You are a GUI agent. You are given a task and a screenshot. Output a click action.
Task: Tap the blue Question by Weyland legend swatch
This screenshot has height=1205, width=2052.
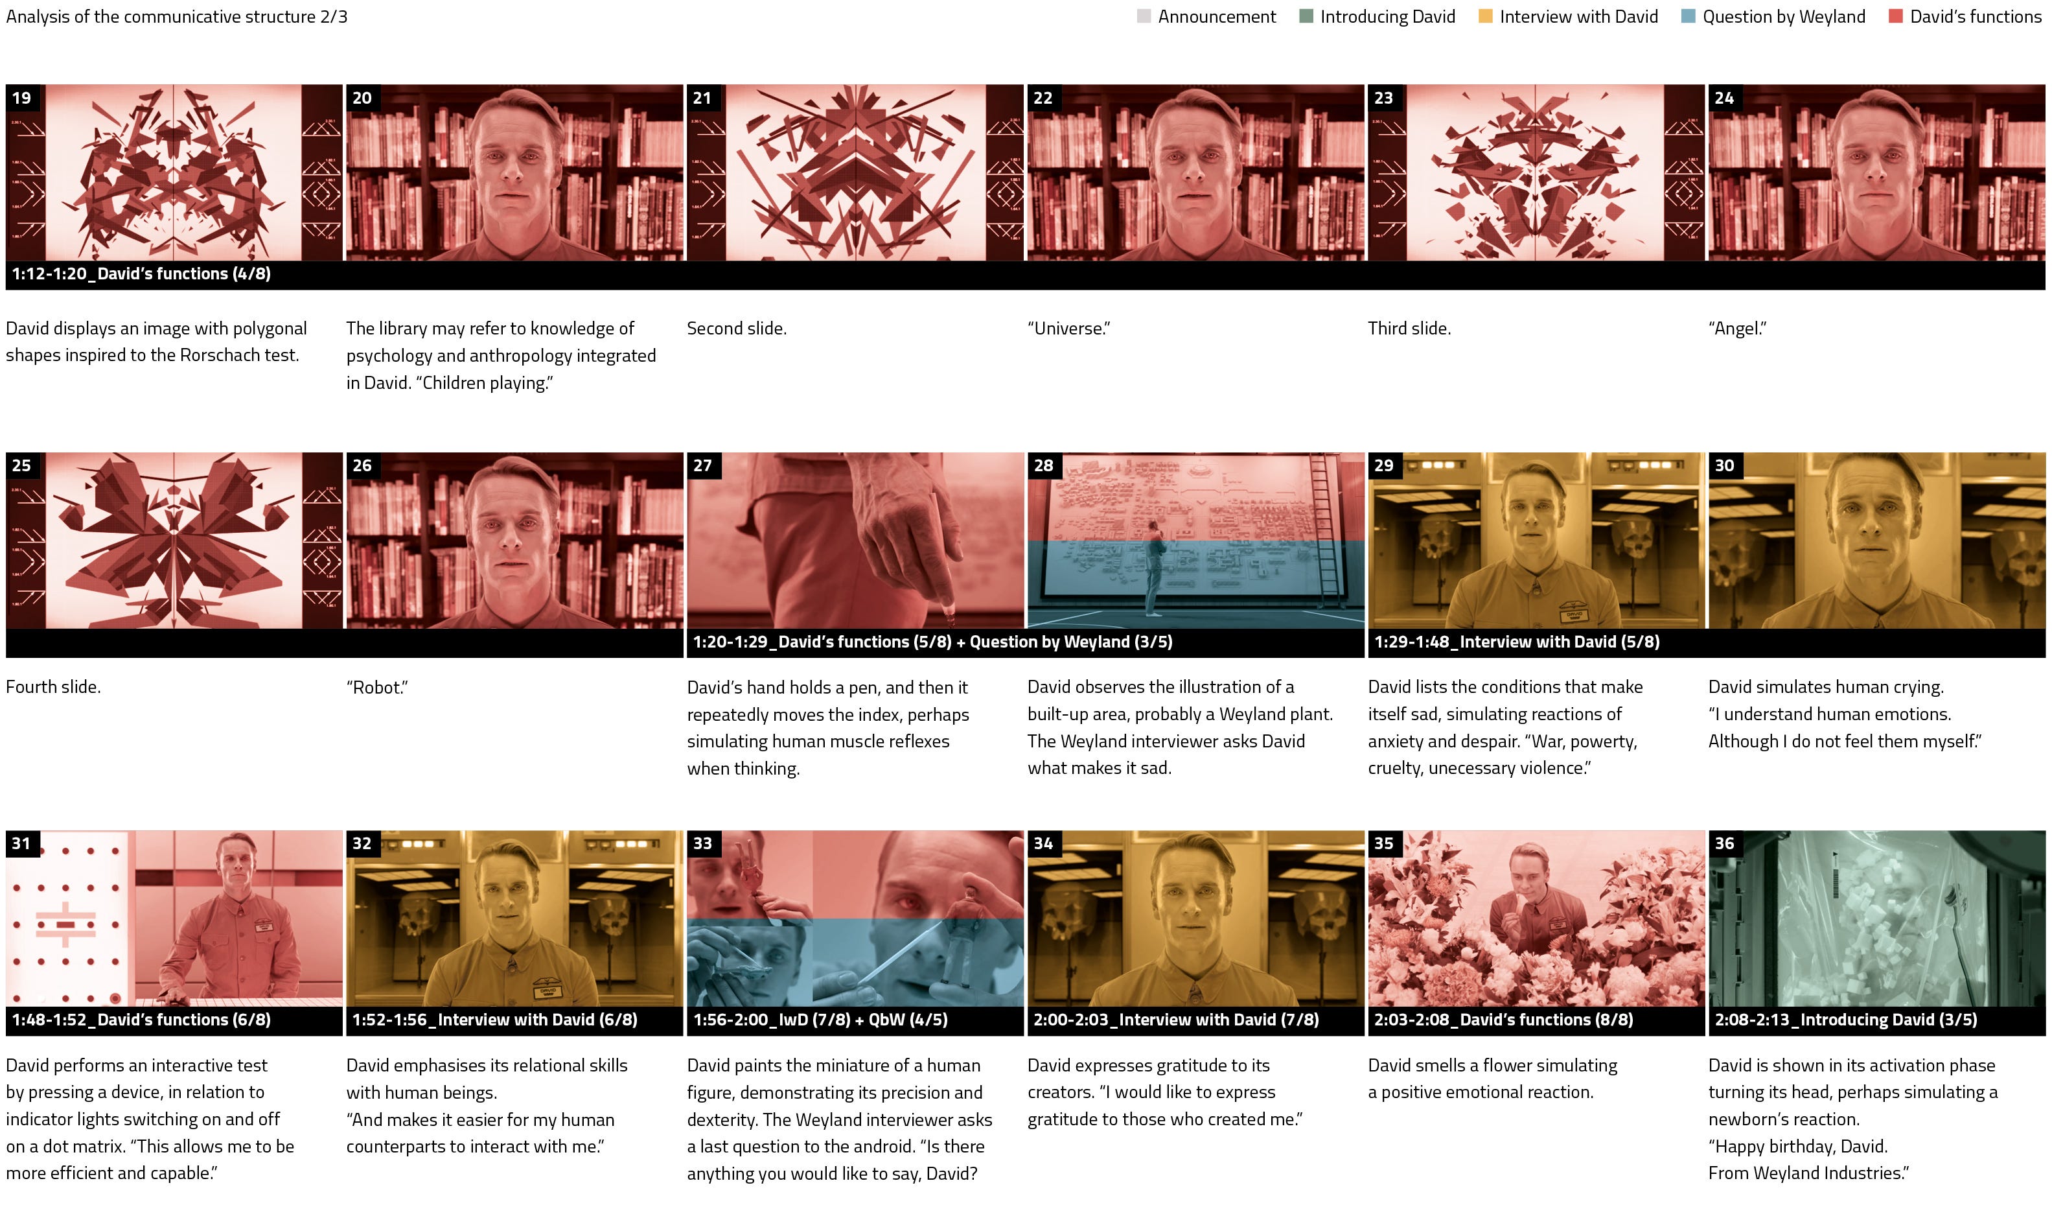pos(1688,16)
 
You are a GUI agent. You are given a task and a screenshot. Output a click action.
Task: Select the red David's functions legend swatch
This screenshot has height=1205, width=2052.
pos(1896,16)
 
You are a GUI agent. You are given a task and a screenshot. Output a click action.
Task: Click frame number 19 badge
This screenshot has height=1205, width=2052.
pos(22,98)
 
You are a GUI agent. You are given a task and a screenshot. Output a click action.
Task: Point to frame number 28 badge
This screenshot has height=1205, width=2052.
pos(1043,465)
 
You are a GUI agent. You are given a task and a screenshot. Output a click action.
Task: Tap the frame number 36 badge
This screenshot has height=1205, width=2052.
pos(1724,843)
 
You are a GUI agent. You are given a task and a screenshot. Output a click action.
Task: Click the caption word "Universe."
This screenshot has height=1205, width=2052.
pos(1068,329)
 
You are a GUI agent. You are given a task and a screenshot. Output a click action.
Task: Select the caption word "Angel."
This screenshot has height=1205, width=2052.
pos(1738,329)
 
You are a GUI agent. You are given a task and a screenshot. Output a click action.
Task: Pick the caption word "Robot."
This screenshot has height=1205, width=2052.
pos(377,687)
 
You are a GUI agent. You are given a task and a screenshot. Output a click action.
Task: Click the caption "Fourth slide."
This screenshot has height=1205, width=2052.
pos(53,687)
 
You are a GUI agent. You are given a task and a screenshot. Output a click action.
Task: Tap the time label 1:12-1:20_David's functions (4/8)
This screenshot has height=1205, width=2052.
pos(141,274)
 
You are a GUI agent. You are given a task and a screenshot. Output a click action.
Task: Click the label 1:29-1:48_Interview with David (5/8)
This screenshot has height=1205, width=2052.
pos(1516,642)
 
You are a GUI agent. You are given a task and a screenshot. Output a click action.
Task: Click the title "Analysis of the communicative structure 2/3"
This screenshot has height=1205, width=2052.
pos(177,16)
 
